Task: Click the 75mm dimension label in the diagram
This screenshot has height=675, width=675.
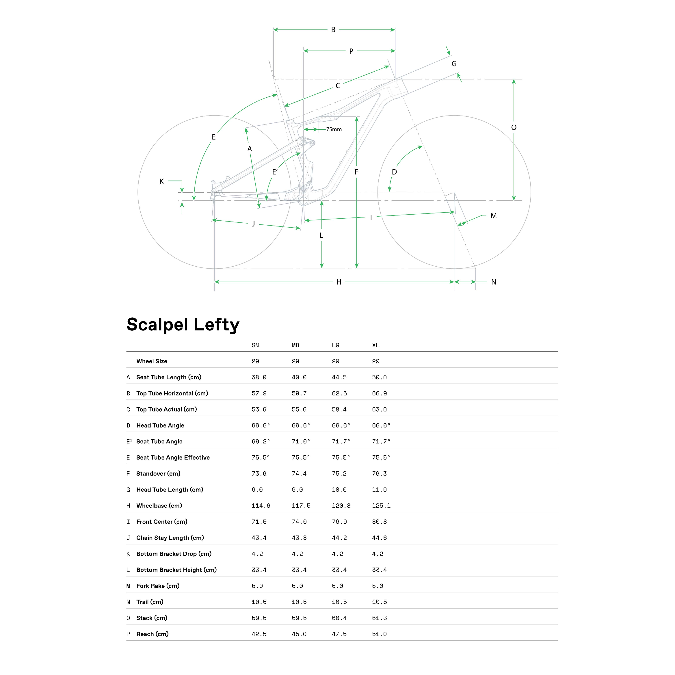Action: tap(334, 129)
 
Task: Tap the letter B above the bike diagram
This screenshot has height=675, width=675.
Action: tap(333, 30)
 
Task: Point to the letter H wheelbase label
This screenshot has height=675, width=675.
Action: tap(339, 282)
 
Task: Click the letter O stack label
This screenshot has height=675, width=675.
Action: tap(514, 128)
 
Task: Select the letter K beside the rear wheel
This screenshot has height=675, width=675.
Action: tap(161, 181)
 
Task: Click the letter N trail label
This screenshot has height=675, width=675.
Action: tap(493, 282)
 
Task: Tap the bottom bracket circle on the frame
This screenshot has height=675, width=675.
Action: tap(303, 200)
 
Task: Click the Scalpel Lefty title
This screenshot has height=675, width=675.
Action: tap(183, 325)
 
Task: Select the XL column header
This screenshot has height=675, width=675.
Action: tap(375, 345)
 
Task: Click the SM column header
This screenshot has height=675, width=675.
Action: tap(255, 345)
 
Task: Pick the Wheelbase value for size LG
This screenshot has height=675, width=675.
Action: tap(341, 505)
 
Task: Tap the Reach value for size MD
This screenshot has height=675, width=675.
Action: tap(299, 634)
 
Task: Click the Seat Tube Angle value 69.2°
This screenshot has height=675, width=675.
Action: tap(261, 441)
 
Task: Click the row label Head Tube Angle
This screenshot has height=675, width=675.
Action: tap(160, 425)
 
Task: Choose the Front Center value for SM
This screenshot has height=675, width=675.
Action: tap(259, 522)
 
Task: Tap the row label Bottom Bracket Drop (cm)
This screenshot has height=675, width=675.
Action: tap(174, 553)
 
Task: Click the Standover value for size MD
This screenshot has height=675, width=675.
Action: tap(299, 473)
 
